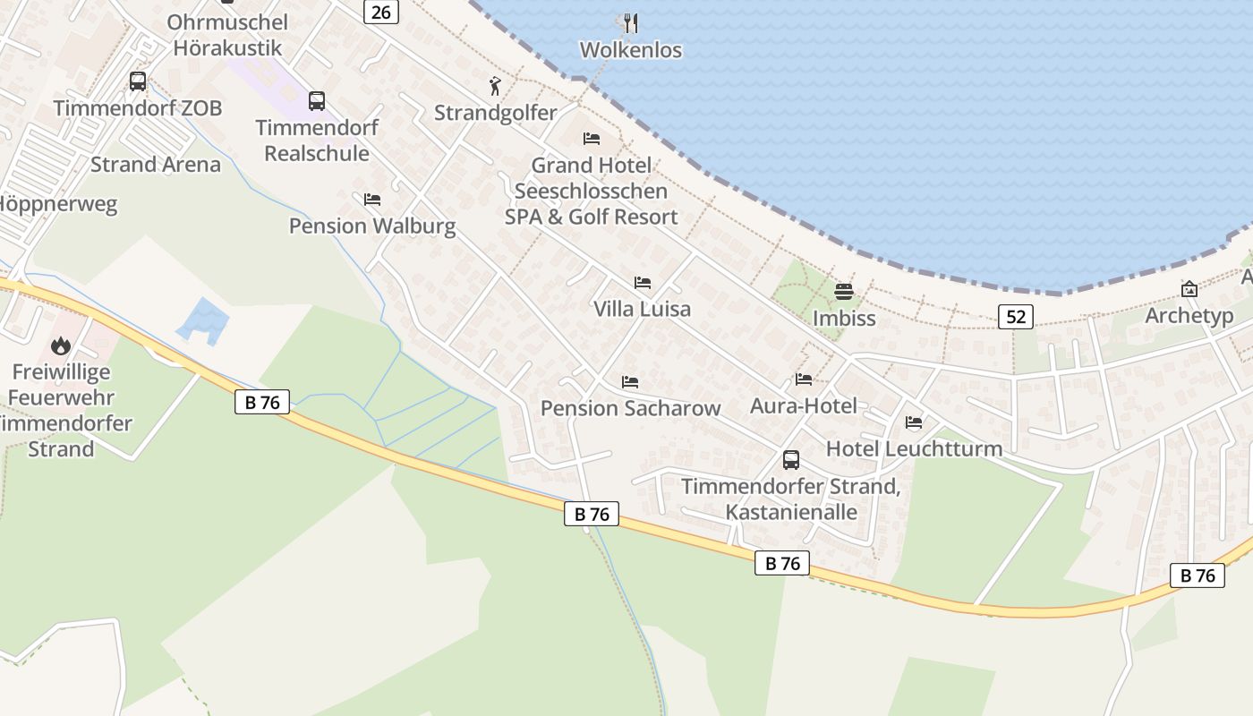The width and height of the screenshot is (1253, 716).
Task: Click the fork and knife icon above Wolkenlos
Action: click(x=631, y=22)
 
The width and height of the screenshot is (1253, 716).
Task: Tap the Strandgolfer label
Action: click(x=495, y=113)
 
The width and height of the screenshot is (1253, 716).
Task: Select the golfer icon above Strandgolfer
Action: click(x=495, y=86)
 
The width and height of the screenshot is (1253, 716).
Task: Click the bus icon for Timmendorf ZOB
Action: click(x=138, y=81)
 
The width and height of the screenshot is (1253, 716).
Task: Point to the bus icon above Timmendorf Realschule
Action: click(x=317, y=100)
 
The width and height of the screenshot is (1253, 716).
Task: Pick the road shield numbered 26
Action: click(x=380, y=12)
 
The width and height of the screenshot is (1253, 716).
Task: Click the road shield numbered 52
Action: click(x=1015, y=316)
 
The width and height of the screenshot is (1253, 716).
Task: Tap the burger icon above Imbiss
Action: click(x=844, y=292)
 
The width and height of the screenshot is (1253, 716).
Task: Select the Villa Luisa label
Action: click(x=642, y=309)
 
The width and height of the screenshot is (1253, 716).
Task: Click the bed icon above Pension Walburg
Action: click(x=372, y=199)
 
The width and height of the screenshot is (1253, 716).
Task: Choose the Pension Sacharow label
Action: click(x=630, y=408)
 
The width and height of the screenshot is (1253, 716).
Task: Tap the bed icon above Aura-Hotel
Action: click(x=804, y=379)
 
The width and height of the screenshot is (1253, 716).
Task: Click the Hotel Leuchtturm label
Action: click(x=914, y=448)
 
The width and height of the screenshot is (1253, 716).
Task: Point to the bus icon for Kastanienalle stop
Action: click(x=791, y=460)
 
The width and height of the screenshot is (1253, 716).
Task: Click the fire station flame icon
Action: click(x=61, y=345)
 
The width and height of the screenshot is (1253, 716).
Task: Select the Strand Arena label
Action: click(x=155, y=165)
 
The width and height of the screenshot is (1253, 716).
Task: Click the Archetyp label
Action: click(x=1189, y=316)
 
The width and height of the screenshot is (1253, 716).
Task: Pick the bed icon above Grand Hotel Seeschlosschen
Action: click(x=591, y=139)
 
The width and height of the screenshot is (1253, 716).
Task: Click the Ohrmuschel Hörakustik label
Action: click(x=227, y=35)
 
